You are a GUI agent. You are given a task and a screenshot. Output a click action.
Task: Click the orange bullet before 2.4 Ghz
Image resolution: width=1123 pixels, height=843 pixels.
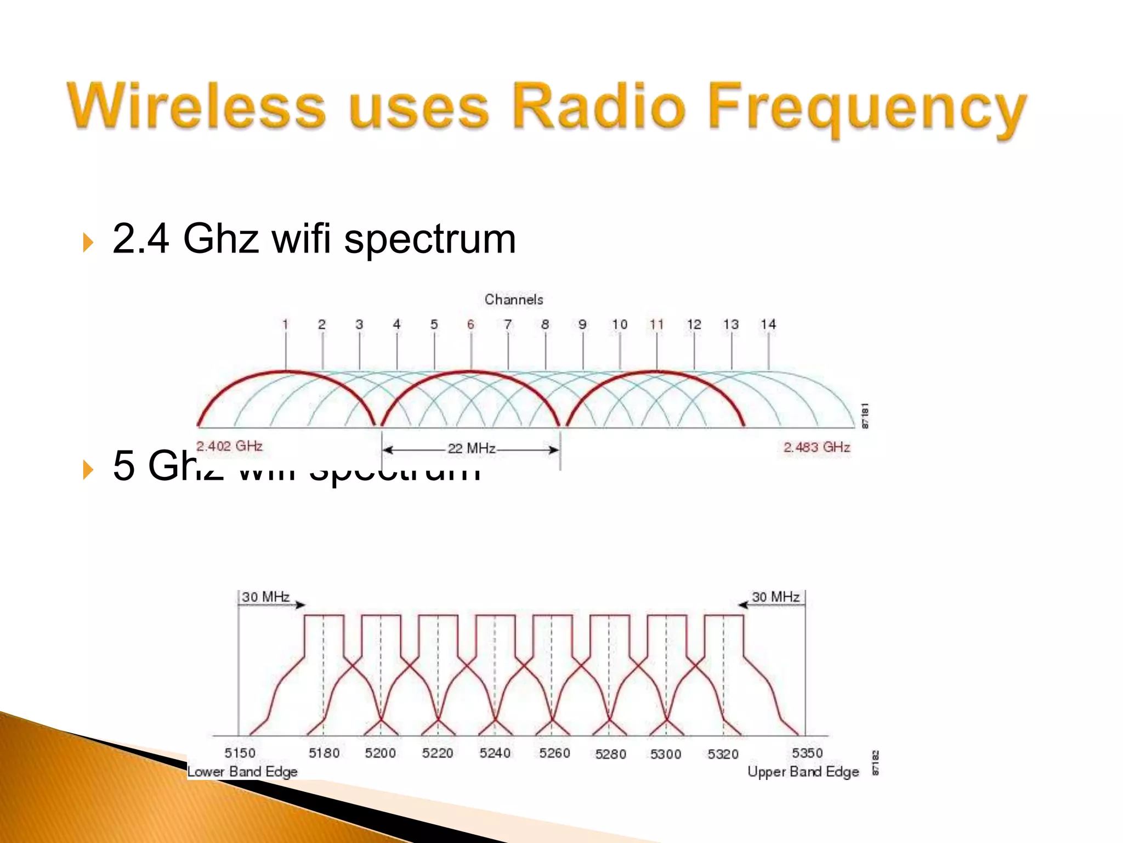(88, 242)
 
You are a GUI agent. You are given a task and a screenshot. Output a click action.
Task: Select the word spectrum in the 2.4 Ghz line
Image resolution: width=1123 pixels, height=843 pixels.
(430, 240)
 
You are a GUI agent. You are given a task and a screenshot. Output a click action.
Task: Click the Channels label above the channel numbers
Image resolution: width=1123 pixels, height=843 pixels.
(514, 300)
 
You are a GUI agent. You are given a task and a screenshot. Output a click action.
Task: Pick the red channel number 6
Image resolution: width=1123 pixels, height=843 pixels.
(470, 324)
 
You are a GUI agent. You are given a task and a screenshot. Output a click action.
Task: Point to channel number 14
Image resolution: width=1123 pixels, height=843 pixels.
(768, 324)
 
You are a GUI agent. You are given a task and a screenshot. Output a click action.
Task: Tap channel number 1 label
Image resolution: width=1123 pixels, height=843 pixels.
(285, 324)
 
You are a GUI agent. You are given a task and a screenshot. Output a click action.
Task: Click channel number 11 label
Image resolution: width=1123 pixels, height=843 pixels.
(656, 324)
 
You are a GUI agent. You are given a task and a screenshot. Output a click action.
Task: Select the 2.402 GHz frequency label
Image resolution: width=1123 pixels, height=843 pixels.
(229, 446)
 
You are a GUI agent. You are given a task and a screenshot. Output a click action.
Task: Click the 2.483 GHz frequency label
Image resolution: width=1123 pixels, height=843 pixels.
(816, 447)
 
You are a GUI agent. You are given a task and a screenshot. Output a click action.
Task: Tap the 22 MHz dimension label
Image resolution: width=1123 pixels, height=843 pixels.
(472, 449)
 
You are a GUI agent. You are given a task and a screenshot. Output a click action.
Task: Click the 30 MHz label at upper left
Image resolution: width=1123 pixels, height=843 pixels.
(266, 597)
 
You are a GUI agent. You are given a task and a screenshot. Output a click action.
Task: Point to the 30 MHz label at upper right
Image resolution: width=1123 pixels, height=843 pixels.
(775, 597)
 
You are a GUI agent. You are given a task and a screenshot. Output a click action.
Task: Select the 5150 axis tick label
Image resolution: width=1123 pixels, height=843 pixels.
(240, 753)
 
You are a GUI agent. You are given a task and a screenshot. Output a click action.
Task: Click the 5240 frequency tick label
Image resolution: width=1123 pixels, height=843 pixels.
(495, 753)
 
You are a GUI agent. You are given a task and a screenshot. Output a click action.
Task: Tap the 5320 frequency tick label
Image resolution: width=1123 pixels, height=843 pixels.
(723, 754)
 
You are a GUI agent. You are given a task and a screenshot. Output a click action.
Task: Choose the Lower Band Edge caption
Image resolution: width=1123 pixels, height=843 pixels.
(242, 772)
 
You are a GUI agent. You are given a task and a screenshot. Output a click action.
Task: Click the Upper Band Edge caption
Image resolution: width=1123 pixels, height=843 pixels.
(803, 772)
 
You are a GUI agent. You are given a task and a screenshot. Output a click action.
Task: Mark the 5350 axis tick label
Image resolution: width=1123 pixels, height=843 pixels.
(807, 752)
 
